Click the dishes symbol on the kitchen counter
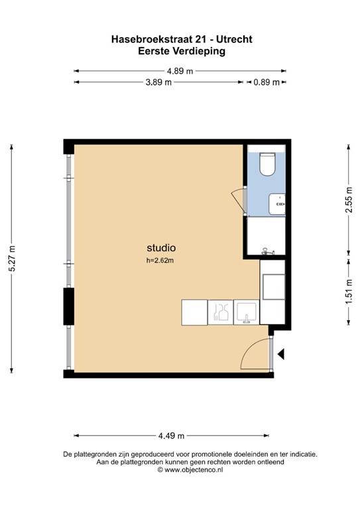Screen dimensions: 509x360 click(220, 311)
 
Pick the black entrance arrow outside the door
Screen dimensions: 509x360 click(280, 355)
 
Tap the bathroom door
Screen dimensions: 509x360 click(239, 197)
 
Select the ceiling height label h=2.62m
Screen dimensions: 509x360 click(161, 260)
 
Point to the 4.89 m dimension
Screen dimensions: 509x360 click(180, 70)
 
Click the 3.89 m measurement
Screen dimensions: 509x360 click(158, 82)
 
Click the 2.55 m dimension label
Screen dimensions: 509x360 click(348, 199)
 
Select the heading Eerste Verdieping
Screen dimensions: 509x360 click(180, 50)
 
